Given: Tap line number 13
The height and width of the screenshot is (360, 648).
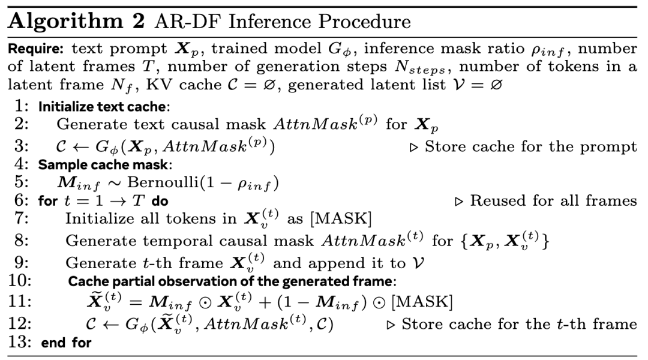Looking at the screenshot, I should click(x=22, y=343).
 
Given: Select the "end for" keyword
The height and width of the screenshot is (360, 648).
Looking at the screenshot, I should click(x=66, y=343).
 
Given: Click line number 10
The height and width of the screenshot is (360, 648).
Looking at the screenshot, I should click(x=22, y=281).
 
